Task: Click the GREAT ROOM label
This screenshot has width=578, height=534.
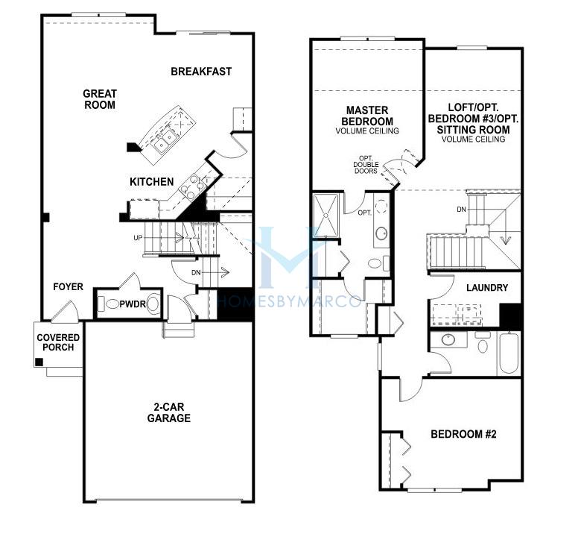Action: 100,99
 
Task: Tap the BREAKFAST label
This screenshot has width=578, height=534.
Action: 201,71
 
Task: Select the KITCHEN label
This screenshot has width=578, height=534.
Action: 152,181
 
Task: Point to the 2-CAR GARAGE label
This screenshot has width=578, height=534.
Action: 169,412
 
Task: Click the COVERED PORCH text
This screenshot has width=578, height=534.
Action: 58,342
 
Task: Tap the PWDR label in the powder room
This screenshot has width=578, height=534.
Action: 133,304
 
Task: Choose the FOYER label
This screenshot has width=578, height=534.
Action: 69,286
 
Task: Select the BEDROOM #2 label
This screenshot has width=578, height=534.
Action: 463,434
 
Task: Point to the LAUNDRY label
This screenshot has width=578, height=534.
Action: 487,288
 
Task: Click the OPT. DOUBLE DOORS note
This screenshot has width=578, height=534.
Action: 366,165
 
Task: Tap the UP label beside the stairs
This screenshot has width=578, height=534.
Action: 138,238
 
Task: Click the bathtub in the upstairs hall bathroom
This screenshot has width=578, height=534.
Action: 509,354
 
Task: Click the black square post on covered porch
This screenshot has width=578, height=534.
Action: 39,362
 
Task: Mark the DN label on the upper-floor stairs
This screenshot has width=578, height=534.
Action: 461,210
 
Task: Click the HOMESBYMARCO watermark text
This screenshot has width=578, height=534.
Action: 289,301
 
